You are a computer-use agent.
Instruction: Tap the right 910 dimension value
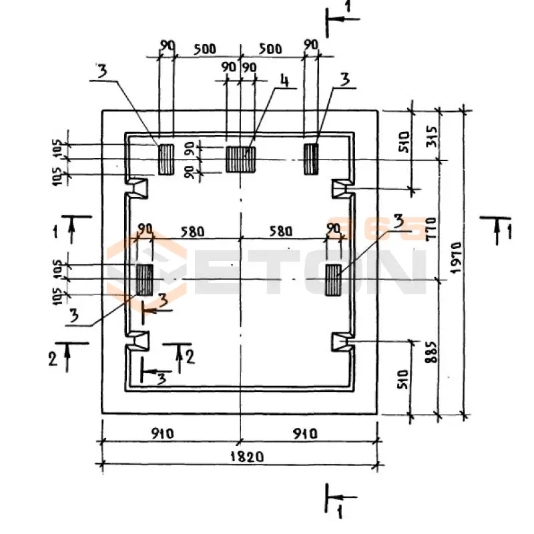pos(305,433)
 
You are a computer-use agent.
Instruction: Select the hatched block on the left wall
pos(145,279)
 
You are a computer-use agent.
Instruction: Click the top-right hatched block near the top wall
pos(311,159)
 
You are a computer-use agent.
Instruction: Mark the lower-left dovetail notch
pos(138,340)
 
